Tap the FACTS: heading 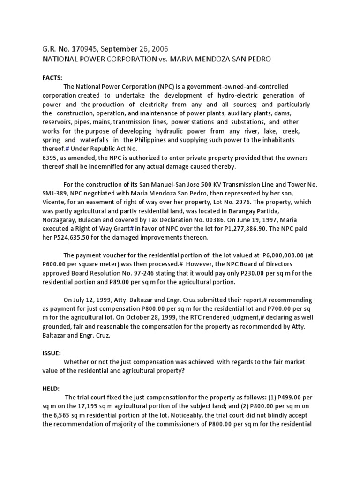point(53,77)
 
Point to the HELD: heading point(51,389)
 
